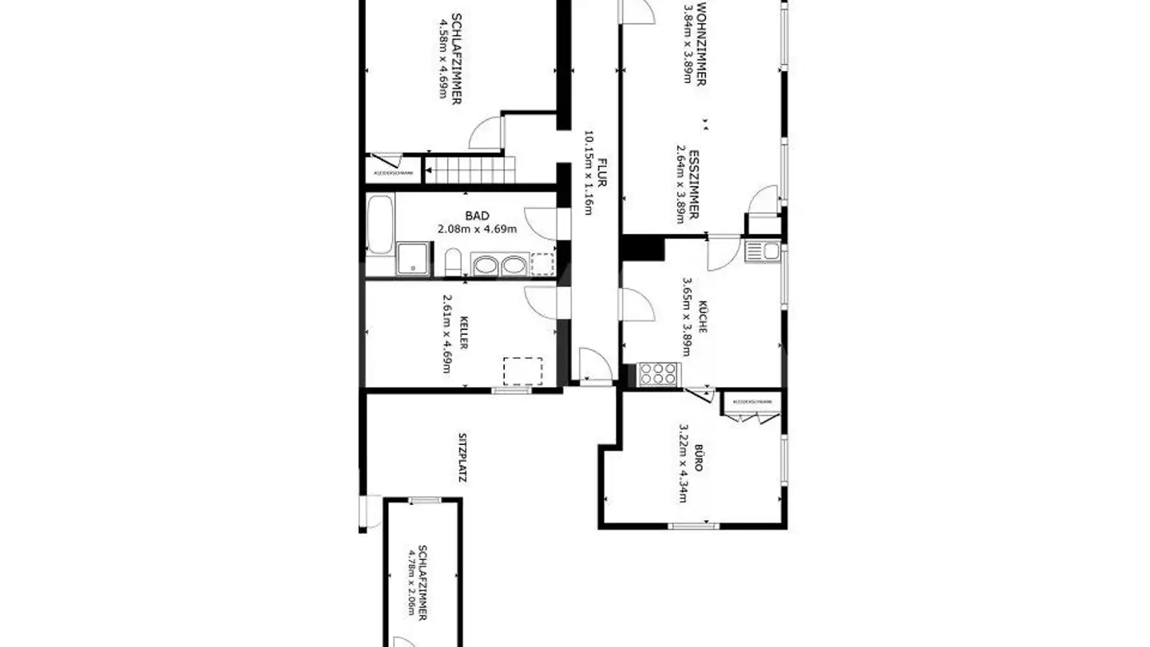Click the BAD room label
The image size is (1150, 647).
478,216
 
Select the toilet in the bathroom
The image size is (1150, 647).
453,262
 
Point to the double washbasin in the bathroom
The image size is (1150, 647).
498,264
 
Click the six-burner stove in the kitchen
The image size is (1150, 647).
659,374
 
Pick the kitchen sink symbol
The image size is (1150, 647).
762,252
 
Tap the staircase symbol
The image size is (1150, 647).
470,169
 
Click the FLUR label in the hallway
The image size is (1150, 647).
601,173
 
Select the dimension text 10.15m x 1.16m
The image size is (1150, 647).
589,173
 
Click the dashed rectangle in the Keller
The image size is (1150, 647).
523,371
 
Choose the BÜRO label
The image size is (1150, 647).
697,461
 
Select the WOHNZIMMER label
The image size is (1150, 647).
701,45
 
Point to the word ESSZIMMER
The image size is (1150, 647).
695,185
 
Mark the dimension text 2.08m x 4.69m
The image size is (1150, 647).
478,229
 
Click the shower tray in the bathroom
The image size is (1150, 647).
414,259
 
